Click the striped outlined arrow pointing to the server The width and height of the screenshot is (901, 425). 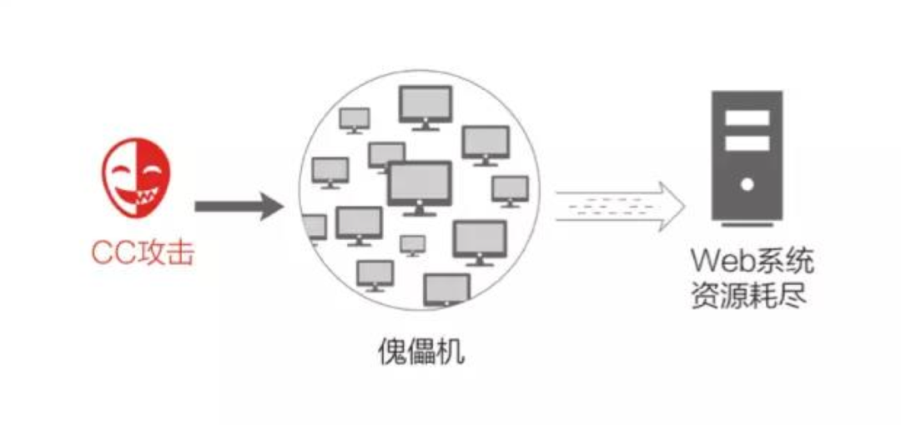click(x=618, y=205)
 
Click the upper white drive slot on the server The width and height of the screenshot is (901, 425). click(x=747, y=117)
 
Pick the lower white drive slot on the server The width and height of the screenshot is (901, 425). click(x=747, y=143)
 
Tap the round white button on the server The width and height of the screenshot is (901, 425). click(x=747, y=184)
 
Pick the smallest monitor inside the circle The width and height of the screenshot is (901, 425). click(x=412, y=244)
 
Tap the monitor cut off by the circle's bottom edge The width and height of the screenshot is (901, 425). click(x=446, y=288)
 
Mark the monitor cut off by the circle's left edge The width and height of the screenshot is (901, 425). click(x=315, y=227)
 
